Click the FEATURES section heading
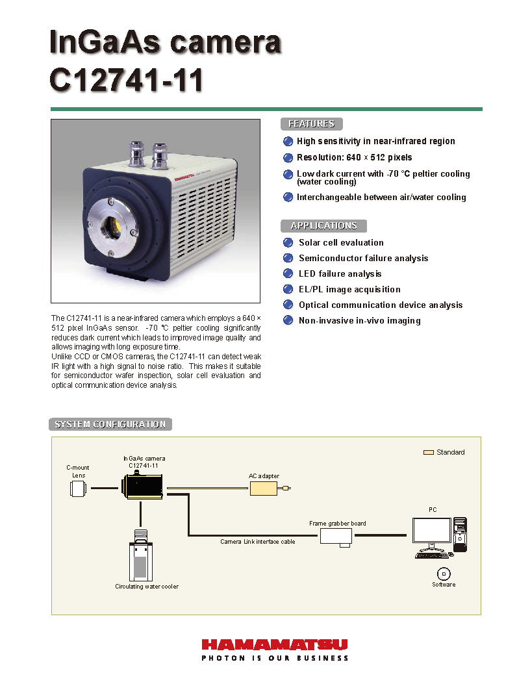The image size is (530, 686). click(x=311, y=124)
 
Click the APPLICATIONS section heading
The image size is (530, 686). click(x=323, y=226)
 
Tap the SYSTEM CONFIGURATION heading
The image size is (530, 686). click(x=110, y=425)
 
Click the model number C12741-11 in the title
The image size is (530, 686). click(x=127, y=81)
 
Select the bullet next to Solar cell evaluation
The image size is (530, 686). click(x=288, y=243)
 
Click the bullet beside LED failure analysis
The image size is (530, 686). click(x=288, y=274)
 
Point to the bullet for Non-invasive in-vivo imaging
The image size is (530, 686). click(x=288, y=321)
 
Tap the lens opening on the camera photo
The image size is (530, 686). click(x=112, y=227)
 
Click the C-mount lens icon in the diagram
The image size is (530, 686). click(x=78, y=489)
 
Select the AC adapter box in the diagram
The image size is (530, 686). click(x=264, y=487)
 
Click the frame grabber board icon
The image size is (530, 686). click(x=336, y=536)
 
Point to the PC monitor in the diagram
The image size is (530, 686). click(x=432, y=533)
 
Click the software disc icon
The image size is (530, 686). click(x=444, y=573)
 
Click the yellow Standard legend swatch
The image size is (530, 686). click(x=429, y=452)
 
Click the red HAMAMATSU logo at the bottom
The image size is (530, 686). click(x=275, y=644)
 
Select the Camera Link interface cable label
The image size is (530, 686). click(x=257, y=542)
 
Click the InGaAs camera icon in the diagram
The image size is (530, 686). click(x=142, y=486)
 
